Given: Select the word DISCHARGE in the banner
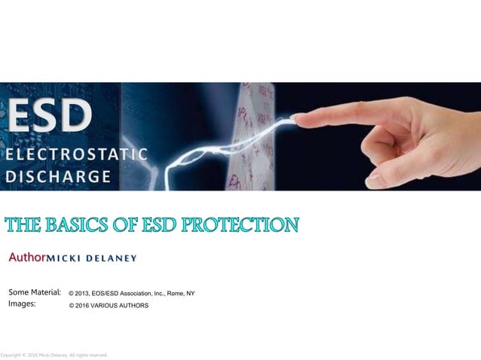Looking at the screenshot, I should [x=59, y=177].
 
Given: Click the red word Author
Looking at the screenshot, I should [x=27, y=258].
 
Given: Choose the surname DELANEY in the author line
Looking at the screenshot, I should [x=112, y=258].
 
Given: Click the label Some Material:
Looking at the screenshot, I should [x=35, y=292].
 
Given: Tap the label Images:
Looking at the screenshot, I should [x=22, y=304].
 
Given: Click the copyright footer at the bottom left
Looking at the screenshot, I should [x=54, y=355].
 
